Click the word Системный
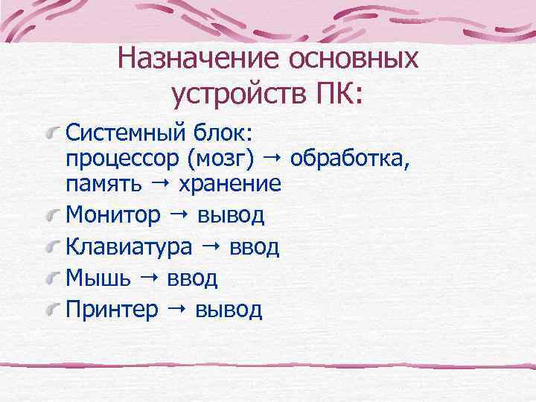(123, 134)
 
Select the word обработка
(350, 159)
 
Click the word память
(97, 184)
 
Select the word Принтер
(112, 310)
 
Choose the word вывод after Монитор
(231, 216)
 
